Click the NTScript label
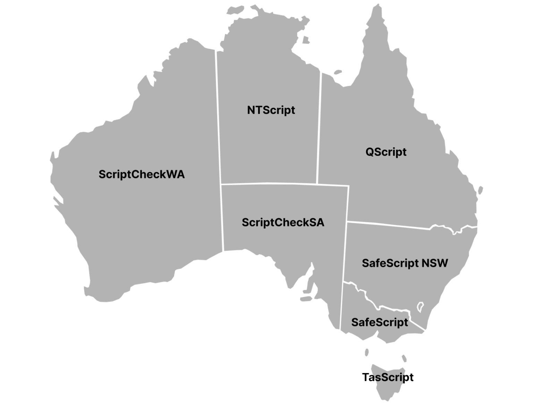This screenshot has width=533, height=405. coord(271,110)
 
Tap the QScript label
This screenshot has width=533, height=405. coord(386,152)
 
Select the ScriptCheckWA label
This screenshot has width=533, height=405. coord(142,174)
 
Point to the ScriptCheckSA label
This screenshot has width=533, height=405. coord(283,222)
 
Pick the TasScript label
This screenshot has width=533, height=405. coord(388,377)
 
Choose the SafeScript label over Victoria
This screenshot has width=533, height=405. coord(380,322)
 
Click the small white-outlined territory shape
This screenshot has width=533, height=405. coord(420,307)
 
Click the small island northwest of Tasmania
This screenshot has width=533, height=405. coord(367,352)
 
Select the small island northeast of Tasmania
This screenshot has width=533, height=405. coord(404,358)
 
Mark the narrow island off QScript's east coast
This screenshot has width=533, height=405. coord(481,191)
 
